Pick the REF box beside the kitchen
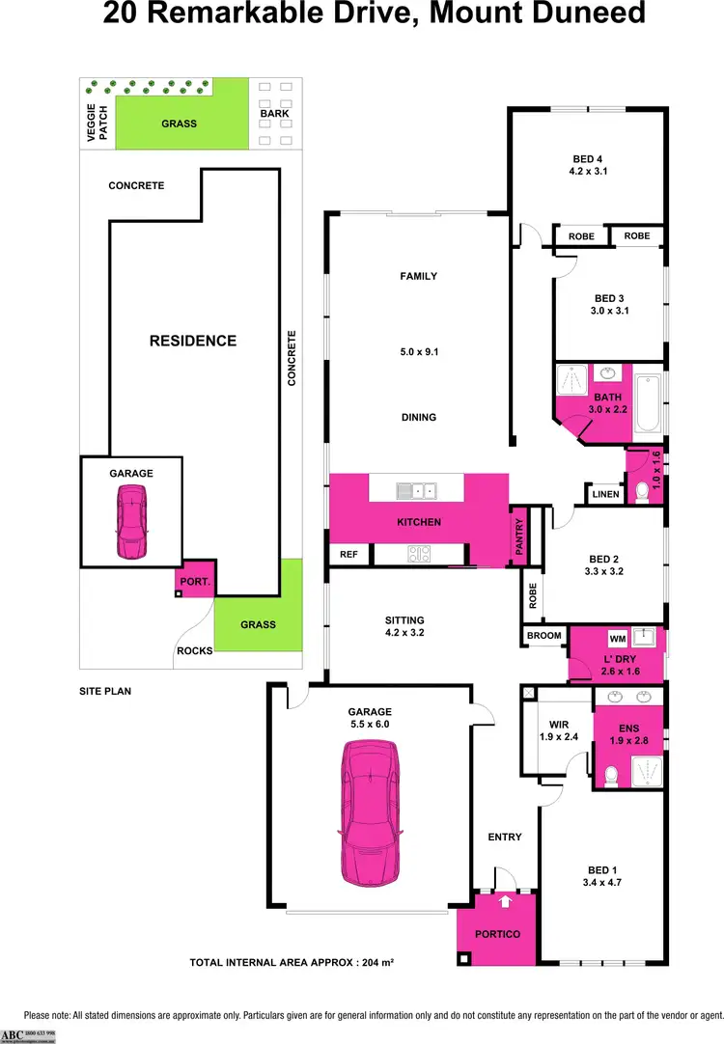348,555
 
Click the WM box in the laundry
617,639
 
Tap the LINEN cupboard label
605,495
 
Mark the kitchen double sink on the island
416,492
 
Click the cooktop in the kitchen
419,554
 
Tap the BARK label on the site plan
274,113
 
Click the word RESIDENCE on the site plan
192,341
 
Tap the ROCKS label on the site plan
194,650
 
